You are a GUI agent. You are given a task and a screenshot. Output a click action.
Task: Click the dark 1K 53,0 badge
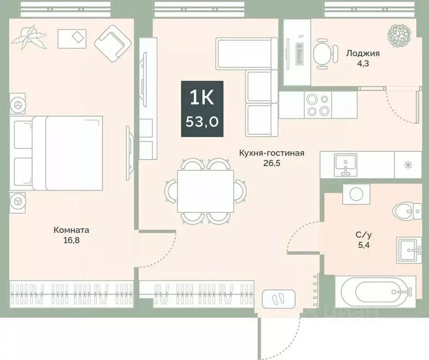(x=203, y=109)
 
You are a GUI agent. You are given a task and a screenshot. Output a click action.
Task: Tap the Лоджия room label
(x=363, y=53)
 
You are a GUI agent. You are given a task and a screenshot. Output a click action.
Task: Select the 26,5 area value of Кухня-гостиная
(x=272, y=163)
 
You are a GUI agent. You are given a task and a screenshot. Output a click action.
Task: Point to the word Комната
(x=71, y=230)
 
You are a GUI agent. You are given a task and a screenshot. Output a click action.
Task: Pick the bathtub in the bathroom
(x=375, y=292)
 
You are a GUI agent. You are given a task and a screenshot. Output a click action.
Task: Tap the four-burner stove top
(x=318, y=104)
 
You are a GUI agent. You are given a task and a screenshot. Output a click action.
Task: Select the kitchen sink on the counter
(x=346, y=164)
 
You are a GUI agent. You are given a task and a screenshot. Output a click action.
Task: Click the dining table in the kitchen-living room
(x=205, y=191)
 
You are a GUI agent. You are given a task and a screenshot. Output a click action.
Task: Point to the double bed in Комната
(x=59, y=153)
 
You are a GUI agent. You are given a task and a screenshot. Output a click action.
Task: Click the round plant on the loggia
(x=399, y=33)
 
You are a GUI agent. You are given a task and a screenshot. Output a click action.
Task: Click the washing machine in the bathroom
(x=356, y=194)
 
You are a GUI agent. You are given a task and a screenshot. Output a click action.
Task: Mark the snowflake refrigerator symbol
(x=408, y=165)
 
